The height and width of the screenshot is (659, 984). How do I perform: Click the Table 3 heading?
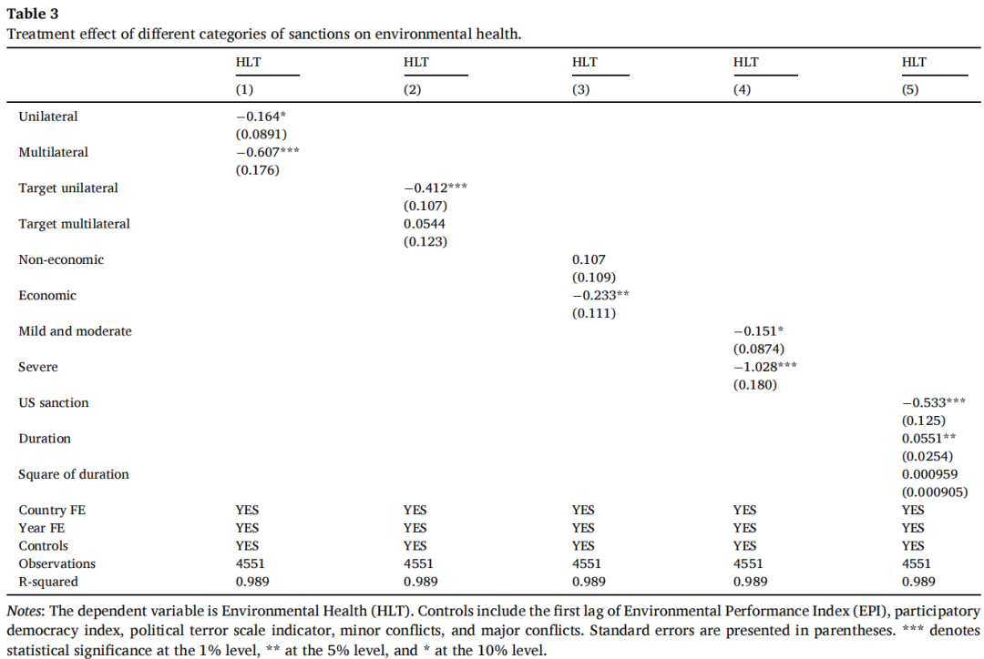point(32,13)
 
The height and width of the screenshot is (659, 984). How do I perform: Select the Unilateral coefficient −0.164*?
point(261,117)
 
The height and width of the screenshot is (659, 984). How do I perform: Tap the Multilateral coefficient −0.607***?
point(267,152)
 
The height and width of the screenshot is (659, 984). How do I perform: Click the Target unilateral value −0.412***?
point(436,188)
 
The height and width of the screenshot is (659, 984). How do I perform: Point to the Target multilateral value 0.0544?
point(425,224)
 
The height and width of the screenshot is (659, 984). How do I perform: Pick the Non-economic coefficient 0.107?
point(589,259)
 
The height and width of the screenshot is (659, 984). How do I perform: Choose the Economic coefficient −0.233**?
point(600,295)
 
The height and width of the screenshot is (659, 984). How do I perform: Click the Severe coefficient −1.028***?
point(765,367)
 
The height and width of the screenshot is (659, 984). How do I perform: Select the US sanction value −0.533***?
point(934,402)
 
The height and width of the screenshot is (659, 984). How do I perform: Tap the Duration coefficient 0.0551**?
point(928,439)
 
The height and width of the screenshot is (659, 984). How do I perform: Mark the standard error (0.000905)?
point(935,492)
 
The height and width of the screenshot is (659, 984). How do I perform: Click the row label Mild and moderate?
point(76,331)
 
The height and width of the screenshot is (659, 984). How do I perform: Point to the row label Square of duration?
point(74,474)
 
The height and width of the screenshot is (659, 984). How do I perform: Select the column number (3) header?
point(580,90)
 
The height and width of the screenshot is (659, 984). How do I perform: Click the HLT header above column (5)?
point(914,62)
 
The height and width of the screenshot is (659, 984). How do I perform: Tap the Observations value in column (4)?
point(748,563)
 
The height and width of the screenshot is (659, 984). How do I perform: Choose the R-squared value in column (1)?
point(252,582)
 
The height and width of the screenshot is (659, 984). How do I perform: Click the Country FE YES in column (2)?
point(415,511)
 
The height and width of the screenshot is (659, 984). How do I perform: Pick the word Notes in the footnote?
point(25,612)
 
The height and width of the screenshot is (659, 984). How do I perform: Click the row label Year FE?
point(41,528)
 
